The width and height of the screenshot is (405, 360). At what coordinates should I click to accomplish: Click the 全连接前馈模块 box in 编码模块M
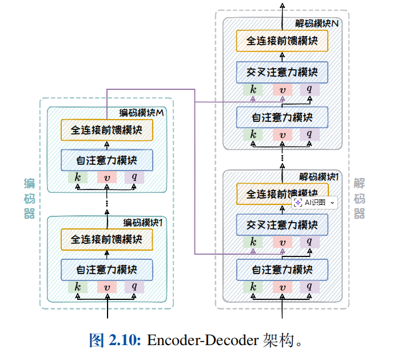(x=107, y=130)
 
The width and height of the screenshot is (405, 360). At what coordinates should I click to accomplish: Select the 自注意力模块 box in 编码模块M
(x=107, y=160)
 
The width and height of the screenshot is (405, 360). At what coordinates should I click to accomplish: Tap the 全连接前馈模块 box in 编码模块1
(x=107, y=239)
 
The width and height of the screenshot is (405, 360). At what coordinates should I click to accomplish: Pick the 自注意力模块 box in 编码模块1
(x=107, y=269)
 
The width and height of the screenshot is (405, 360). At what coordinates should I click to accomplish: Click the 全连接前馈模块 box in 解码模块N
(x=283, y=41)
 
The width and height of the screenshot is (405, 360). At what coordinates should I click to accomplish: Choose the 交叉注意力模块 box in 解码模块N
(x=283, y=72)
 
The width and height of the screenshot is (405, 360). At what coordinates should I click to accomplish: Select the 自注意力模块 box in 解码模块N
(x=283, y=118)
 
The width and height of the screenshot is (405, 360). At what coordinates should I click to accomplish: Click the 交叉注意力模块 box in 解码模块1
(x=283, y=224)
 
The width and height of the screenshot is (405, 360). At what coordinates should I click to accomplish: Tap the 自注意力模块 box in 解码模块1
(x=283, y=269)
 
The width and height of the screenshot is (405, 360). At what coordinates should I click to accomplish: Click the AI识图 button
(x=315, y=203)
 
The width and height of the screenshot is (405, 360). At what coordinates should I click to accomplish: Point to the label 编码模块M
(x=141, y=113)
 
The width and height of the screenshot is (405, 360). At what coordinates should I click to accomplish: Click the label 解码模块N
(x=317, y=24)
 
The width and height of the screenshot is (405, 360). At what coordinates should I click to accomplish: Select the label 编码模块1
(x=144, y=222)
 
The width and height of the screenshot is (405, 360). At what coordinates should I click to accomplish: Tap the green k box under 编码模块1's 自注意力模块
(x=78, y=286)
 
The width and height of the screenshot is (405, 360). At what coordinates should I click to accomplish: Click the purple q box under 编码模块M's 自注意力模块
(x=134, y=177)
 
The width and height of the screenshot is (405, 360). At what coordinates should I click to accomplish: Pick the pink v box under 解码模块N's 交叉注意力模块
(x=282, y=89)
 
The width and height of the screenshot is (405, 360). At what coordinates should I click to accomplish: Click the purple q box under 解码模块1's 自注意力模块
(x=309, y=286)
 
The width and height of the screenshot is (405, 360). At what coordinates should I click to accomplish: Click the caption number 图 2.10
(x=115, y=341)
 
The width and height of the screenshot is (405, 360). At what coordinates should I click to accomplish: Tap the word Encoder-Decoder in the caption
(x=201, y=341)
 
